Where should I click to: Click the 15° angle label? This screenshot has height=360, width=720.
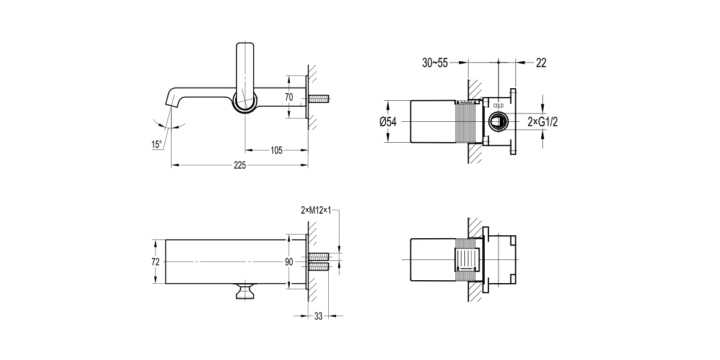pyautogui.click(x=157, y=144)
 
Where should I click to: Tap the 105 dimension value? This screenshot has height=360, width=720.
pyautogui.click(x=276, y=150)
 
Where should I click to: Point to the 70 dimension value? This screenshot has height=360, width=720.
pyautogui.click(x=289, y=97)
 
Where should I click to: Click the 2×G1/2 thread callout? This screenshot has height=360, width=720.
pyautogui.click(x=542, y=122)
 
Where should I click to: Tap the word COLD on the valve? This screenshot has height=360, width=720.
pyautogui.click(x=499, y=106)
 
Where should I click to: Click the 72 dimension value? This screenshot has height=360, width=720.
pyautogui.click(x=155, y=262)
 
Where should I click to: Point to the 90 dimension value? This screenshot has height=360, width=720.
pyautogui.click(x=289, y=262)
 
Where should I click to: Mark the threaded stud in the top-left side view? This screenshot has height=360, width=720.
pyautogui.click(x=321, y=97)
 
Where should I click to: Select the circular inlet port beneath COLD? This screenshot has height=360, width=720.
pyautogui.click(x=499, y=122)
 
